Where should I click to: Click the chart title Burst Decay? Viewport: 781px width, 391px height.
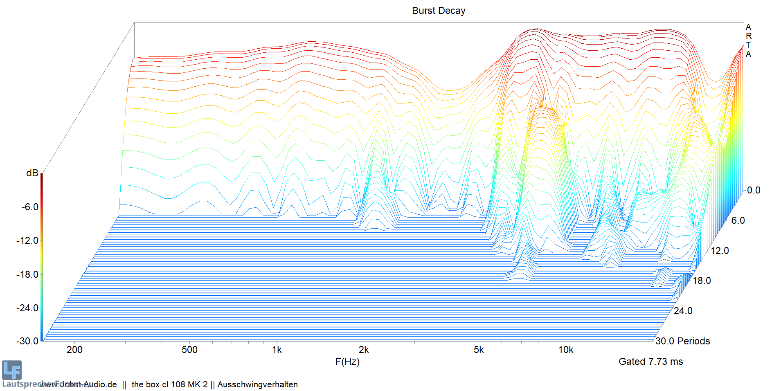438,11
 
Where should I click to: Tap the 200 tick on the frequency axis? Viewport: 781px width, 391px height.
74,350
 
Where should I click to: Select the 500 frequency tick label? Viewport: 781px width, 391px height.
189,350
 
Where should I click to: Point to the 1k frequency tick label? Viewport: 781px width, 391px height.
277,350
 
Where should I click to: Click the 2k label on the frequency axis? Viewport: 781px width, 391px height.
363,350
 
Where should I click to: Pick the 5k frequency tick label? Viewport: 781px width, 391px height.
479,350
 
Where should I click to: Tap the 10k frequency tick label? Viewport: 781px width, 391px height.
566,350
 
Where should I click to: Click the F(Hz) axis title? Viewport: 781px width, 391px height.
347,362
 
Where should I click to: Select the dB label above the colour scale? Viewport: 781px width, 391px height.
32,173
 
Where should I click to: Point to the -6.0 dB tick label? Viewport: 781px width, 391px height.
30,207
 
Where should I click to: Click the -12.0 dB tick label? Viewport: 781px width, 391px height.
27,240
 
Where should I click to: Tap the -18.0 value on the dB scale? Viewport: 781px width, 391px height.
27,274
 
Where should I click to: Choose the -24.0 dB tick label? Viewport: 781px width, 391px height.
27,308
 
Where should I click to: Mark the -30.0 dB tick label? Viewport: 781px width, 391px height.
27,341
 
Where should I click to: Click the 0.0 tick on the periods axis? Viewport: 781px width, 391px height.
754,190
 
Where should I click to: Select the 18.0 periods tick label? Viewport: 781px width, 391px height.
702,281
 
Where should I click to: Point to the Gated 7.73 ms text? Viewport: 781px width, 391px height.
650,362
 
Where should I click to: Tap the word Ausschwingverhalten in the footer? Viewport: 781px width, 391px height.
257,384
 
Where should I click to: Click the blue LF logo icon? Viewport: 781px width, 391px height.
11,370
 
